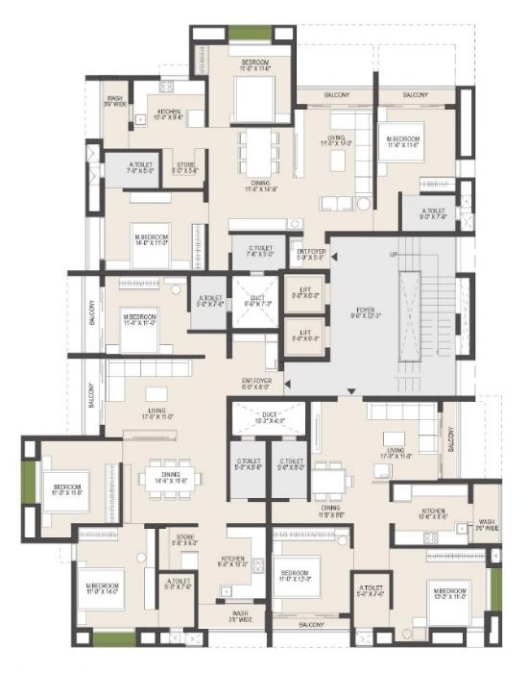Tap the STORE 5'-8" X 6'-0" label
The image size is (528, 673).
(x=183, y=539)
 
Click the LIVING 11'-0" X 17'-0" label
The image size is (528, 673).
(x=335, y=140)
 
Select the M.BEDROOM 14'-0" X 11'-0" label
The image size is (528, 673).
(x=152, y=240)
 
